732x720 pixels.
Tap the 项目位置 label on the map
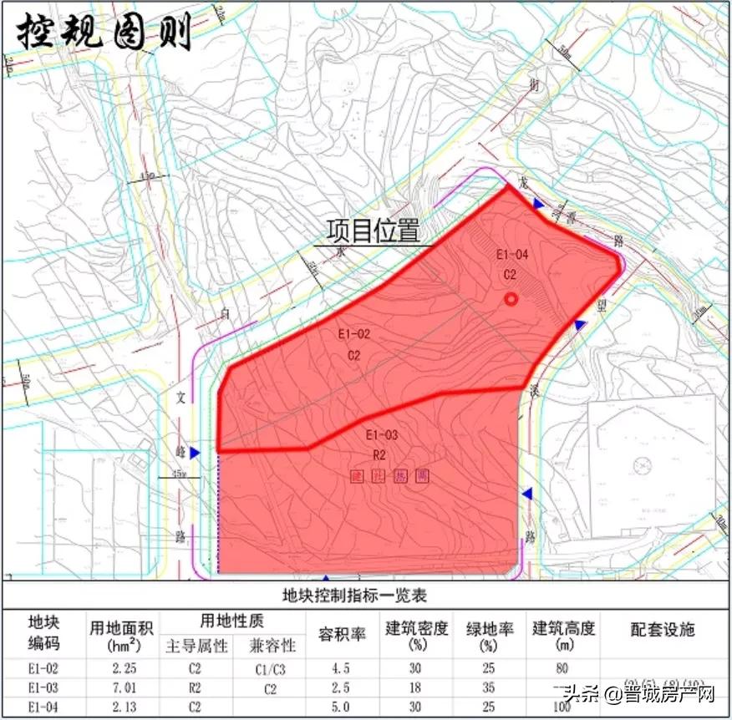372,230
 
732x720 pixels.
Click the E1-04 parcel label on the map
512,255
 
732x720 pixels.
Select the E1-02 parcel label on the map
353,334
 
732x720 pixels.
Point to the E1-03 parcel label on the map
381,435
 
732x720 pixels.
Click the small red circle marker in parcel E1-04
511,300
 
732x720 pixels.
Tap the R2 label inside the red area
379,455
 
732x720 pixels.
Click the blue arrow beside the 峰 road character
195,453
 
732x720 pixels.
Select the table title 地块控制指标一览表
365,596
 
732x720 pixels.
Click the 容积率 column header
343,634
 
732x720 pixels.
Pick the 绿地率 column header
489,628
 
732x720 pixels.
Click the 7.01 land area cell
124,688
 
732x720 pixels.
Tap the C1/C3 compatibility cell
270,669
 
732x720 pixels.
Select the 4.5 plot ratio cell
342,669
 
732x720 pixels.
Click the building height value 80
562,668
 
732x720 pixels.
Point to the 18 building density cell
415,688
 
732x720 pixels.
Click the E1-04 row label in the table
42,707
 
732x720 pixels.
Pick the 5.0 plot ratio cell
342,707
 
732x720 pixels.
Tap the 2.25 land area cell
124,669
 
